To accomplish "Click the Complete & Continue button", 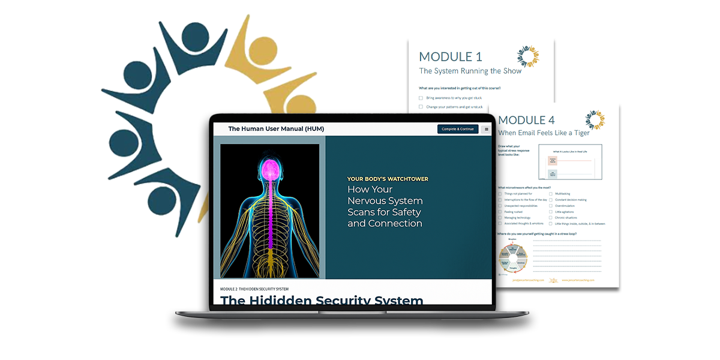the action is click(x=458, y=129).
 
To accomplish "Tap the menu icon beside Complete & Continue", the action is click(x=486, y=129).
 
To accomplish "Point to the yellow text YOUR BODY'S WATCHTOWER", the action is click(x=388, y=179).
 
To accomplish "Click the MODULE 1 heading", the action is click(x=450, y=57).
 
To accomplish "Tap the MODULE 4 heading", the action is click(x=530, y=120).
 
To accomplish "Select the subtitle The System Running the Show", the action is click(x=470, y=71).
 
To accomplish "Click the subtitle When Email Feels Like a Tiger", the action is click(x=544, y=133).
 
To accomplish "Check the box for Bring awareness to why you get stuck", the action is click(x=421, y=97).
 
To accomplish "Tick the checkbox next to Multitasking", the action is click(x=551, y=194).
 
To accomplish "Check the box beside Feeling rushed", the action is click(x=500, y=212).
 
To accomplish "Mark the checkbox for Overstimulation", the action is click(x=551, y=206).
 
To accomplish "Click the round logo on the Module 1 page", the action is click(x=528, y=57).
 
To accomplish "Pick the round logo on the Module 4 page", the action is click(x=595, y=120).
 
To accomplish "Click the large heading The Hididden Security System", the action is click(x=322, y=300).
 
